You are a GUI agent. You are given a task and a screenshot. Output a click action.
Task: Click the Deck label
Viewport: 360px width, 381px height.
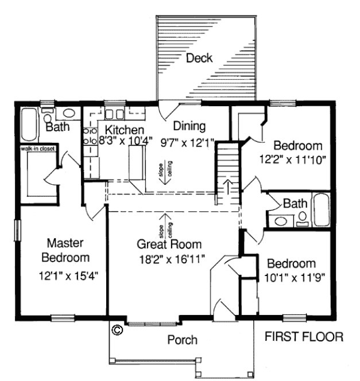click(199, 58)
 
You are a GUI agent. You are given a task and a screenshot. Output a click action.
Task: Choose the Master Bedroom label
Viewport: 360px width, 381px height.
click(68, 250)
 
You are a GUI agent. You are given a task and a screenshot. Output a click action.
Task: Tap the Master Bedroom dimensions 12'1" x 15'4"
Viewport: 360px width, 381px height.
click(68, 274)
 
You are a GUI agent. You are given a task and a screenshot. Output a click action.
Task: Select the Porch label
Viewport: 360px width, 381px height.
click(182, 340)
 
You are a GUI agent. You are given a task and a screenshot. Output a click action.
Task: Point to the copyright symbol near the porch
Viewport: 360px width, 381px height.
click(117, 330)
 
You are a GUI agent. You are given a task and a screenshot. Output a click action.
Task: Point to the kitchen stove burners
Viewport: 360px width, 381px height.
click(90, 135)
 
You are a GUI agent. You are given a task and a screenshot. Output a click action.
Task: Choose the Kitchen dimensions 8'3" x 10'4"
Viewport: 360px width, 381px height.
click(125, 139)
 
